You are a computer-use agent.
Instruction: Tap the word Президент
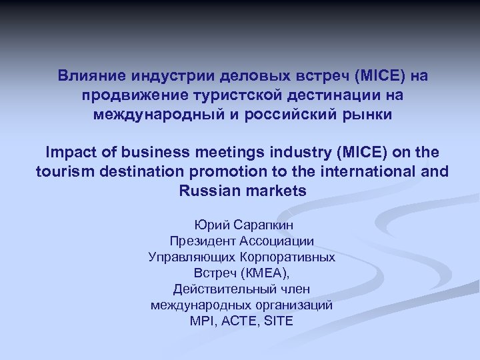(200, 241)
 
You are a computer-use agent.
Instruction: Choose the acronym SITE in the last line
(279, 321)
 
